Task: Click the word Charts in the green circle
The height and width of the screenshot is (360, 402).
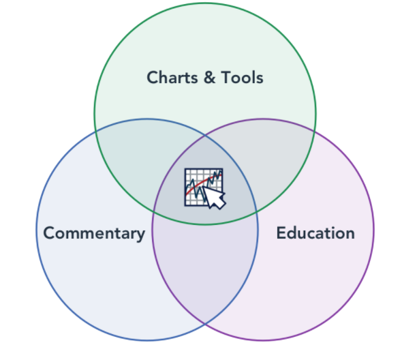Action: click(x=172, y=77)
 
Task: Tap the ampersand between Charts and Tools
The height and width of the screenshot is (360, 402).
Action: click(x=209, y=78)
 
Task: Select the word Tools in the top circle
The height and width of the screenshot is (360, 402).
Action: click(x=243, y=78)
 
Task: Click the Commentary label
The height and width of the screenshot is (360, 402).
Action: click(x=94, y=234)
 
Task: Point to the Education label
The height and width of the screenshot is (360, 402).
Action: click(x=315, y=233)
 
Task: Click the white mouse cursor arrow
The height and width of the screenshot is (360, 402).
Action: click(x=215, y=197)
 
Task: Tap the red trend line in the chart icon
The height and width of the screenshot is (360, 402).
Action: click(x=203, y=183)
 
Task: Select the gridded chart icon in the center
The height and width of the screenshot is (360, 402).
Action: click(x=205, y=189)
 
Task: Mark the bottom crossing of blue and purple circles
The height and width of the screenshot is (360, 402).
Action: click(x=205, y=324)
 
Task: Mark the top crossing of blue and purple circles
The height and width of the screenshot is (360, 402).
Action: click(x=205, y=134)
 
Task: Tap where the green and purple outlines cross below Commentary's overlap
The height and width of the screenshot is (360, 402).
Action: click(x=153, y=212)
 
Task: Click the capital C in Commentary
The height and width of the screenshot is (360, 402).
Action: click(x=49, y=233)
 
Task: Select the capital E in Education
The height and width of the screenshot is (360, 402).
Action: click(x=281, y=233)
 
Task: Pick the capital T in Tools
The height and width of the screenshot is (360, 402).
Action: click(x=227, y=78)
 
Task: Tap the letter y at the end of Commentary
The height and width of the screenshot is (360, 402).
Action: click(x=140, y=235)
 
